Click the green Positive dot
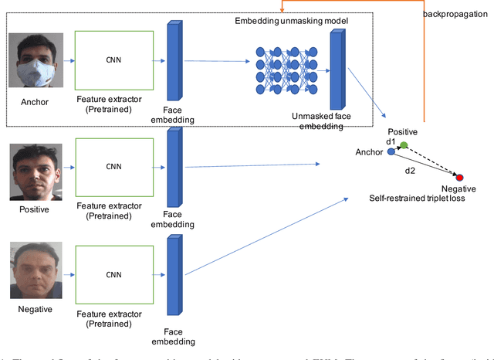(x=404, y=145)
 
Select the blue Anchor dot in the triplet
(x=391, y=152)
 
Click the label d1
(x=391, y=142)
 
